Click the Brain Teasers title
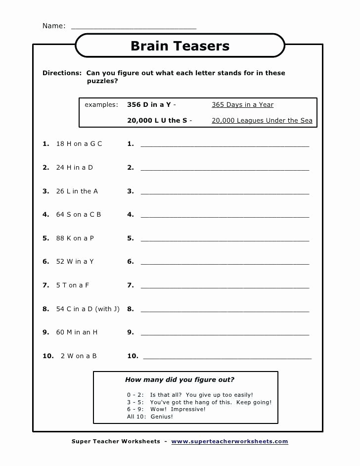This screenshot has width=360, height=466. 180,46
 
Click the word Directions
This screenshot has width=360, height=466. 62,73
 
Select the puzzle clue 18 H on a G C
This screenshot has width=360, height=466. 79,144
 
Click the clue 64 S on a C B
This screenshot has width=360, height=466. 78,215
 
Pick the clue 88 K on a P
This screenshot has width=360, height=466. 75,238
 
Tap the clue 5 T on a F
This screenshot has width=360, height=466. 72,285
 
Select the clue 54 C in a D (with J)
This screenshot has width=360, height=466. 88,309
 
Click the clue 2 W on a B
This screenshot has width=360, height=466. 78,356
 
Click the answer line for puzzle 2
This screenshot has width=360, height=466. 225,169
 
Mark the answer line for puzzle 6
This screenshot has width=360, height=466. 225,263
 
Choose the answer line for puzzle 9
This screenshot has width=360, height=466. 225,334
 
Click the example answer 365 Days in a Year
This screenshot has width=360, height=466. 242,105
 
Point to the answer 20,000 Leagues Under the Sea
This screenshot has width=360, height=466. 262,121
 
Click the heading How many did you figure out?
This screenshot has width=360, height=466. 180,380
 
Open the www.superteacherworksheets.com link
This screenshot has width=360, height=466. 229,441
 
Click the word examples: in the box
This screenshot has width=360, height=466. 101,105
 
